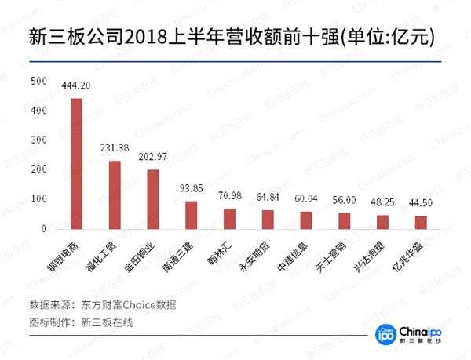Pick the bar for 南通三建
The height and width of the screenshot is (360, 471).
point(192,214)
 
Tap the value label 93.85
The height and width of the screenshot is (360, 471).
point(192,190)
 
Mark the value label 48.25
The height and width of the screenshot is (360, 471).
point(383,203)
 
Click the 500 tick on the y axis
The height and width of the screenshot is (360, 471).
point(37,81)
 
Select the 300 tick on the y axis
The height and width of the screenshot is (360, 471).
point(37,140)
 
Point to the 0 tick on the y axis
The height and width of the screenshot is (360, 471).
point(42,228)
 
